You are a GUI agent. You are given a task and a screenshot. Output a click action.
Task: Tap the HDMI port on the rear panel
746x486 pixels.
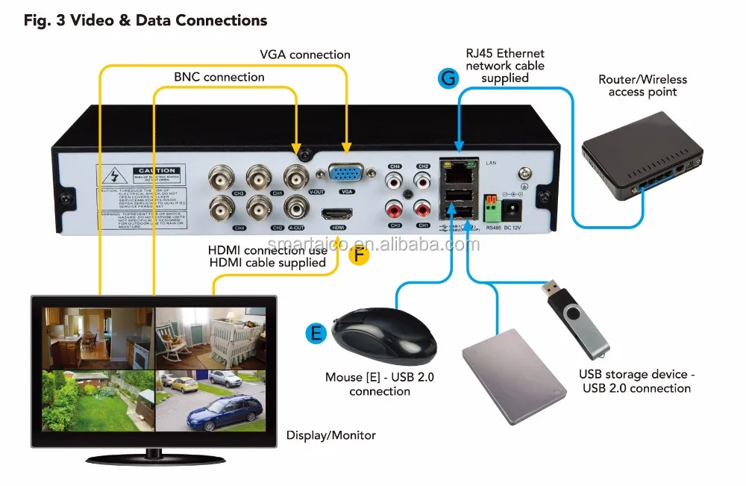[336, 214]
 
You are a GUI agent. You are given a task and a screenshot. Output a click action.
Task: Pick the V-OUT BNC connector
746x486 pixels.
[296, 176]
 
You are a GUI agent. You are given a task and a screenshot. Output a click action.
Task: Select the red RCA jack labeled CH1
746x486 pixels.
[423, 209]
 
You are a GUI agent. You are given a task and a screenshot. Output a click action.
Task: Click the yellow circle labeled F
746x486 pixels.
[360, 255]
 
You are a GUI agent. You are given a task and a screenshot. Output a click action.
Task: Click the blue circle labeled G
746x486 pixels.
[448, 76]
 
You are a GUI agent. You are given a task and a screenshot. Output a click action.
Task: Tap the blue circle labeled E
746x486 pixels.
[316, 332]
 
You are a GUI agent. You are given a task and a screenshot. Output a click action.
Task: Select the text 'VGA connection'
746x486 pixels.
[304, 54]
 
